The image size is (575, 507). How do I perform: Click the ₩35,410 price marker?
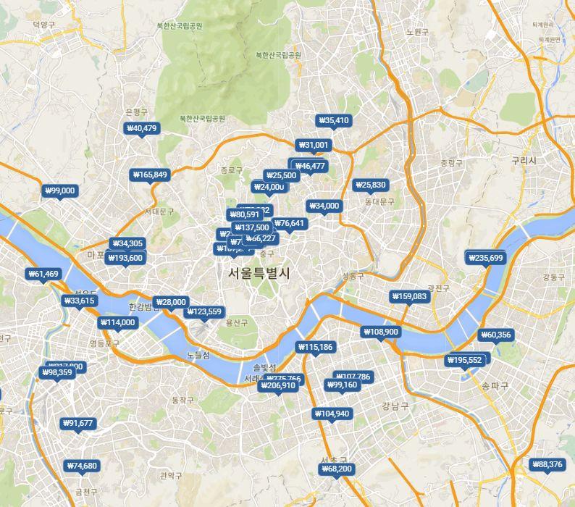[334, 120]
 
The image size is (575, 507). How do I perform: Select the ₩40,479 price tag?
[141, 128]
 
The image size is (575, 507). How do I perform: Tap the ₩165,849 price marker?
[150, 175]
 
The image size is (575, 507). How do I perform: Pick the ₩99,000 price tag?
[59, 190]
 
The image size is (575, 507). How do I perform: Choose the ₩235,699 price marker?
[486, 258]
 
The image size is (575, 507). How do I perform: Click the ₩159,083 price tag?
[409, 296]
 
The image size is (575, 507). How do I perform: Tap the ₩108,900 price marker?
[380, 332]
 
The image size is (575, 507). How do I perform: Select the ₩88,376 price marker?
[547, 464]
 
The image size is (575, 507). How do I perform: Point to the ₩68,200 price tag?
[336, 469]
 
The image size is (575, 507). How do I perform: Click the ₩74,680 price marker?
[81, 465]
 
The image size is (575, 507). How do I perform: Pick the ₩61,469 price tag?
[43, 274]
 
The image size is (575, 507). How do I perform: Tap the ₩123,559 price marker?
[204, 311]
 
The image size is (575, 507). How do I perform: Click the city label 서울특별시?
[259, 274]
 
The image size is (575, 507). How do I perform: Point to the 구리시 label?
[523, 160]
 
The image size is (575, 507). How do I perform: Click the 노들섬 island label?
[198, 355]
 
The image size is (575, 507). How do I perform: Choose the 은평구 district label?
[136, 112]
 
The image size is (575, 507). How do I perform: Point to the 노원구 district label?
[418, 32]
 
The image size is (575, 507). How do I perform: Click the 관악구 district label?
[171, 476]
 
